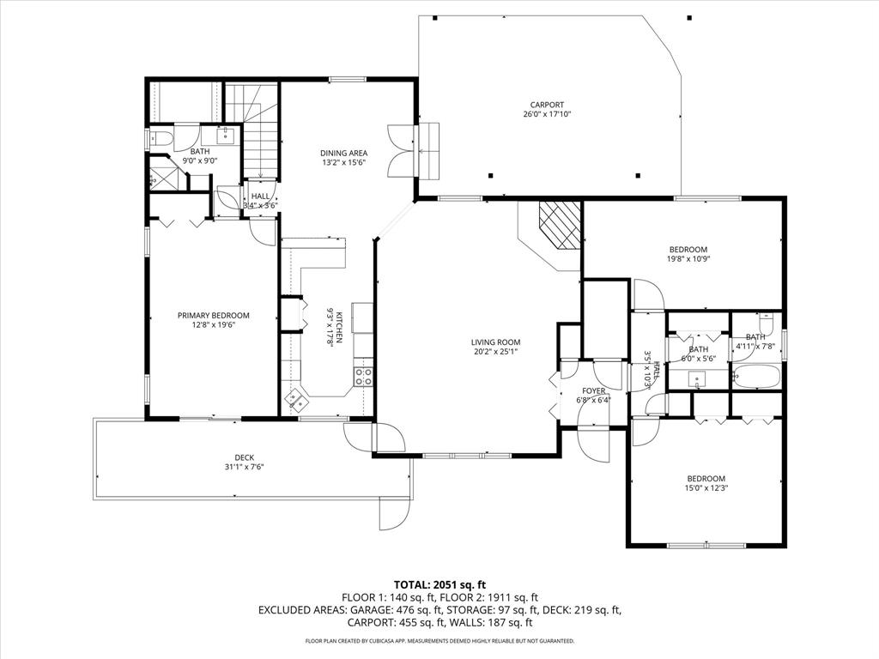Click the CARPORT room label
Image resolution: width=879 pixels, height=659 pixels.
547,105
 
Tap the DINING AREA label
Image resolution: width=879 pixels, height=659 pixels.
343,153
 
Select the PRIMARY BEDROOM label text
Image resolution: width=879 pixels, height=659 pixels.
213,315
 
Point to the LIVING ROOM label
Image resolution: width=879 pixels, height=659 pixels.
497,341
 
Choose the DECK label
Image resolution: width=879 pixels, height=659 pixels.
244,457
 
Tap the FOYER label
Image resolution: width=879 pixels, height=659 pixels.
594,390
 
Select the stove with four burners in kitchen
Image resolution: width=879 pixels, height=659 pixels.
364,376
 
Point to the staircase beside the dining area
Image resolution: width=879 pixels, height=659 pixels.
261,142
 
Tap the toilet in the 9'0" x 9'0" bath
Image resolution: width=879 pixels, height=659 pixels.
161,138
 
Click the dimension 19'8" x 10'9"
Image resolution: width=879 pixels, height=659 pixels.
688,258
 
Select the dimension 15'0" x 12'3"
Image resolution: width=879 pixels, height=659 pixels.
706,488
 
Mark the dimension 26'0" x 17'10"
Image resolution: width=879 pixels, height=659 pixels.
547,114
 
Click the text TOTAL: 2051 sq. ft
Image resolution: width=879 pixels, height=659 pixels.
439,584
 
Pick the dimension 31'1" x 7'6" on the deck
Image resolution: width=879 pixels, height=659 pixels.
244,467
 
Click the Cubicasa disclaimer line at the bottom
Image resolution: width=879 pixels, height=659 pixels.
439,641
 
